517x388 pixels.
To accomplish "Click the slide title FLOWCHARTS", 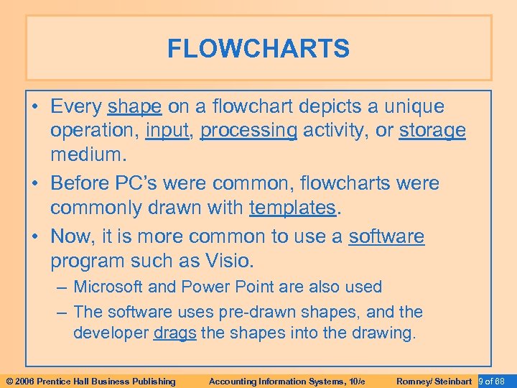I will tap(258, 49).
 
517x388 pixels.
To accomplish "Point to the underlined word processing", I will tap(248, 131).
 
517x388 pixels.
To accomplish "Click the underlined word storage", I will tap(432, 131).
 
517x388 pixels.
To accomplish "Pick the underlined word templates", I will tap(292, 208).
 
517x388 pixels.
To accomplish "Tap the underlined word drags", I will tap(174, 333).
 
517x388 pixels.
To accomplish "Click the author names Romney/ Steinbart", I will tap(434, 381).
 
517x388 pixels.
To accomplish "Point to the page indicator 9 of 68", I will tap(493, 381).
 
